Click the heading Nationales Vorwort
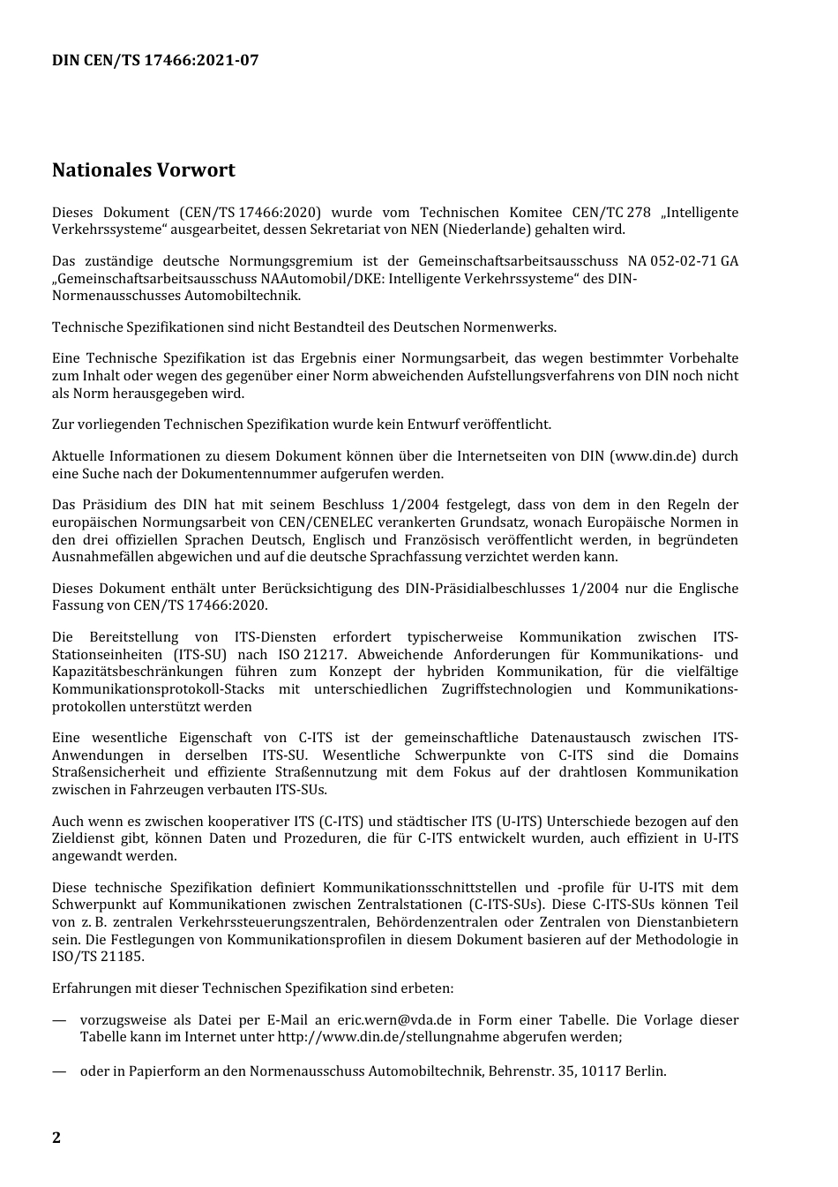click(143, 169)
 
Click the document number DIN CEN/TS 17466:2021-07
click(155, 60)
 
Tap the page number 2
click(56, 1137)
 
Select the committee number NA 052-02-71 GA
click(683, 261)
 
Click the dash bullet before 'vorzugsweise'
click(59, 1020)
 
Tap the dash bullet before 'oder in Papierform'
click(59, 1071)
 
